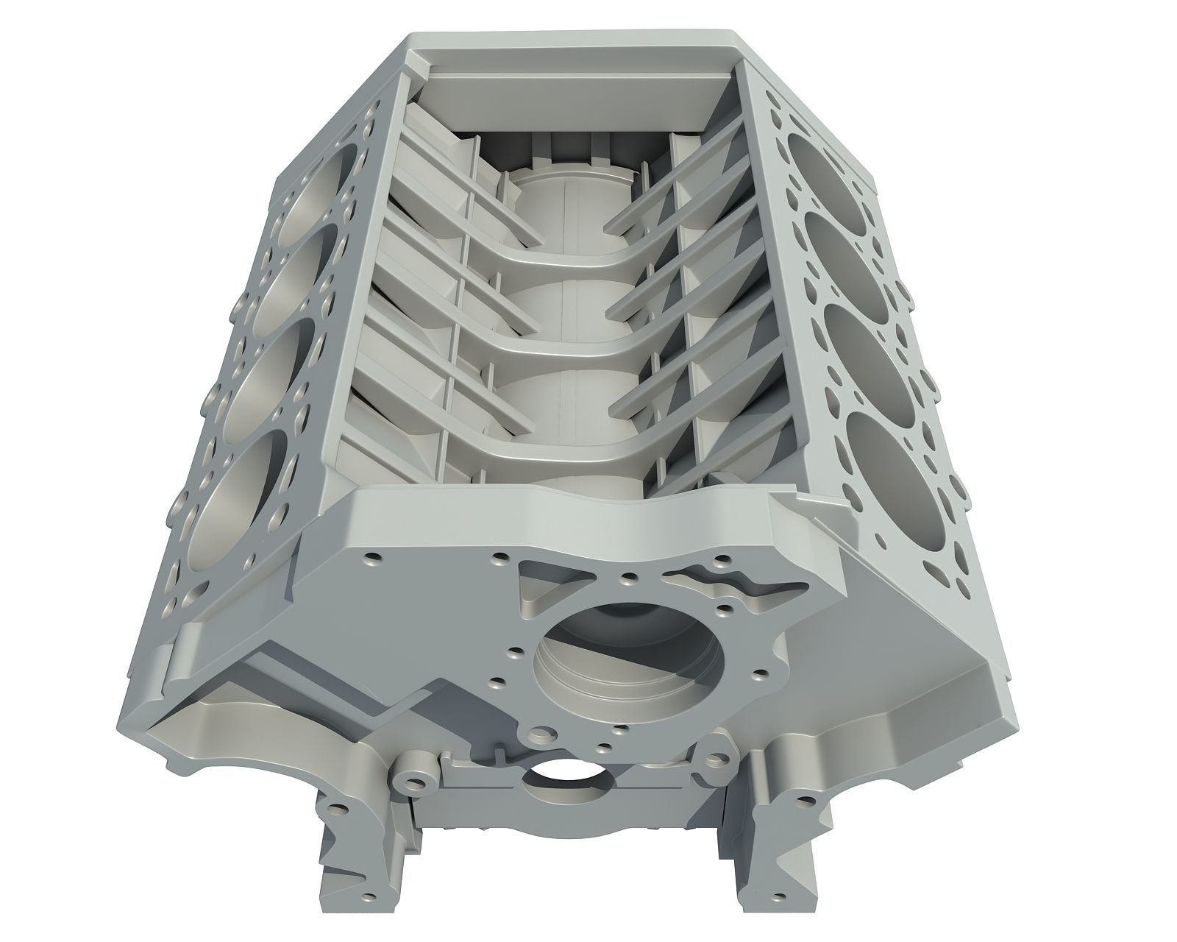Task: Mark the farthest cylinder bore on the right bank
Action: pyautogui.click(x=817, y=169)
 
